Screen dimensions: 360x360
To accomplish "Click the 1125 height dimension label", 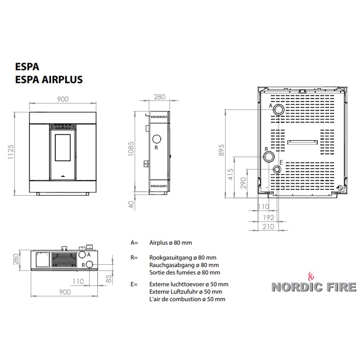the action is click(11, 152).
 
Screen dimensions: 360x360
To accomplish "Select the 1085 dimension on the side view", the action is click(131, 149).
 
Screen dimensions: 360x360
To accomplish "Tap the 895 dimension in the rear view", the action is click(221, 150).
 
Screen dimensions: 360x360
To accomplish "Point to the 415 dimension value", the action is click(230, 174).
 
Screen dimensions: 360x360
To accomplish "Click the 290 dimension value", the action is click(243, 183).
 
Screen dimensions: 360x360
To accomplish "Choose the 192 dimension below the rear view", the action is click(268, 217).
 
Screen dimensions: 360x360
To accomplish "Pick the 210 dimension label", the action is click(268, 227).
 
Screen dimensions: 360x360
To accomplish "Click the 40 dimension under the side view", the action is click(131, 204).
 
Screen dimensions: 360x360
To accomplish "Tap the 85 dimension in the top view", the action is click(109, 279).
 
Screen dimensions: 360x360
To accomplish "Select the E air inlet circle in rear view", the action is click(277, 170).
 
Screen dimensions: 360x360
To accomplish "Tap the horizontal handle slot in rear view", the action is click(302, 142).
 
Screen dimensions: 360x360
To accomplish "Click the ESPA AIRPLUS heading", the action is click(49, 80).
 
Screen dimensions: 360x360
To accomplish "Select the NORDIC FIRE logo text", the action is click(314, 287).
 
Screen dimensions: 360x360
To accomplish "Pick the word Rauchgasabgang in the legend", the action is click(172, 265).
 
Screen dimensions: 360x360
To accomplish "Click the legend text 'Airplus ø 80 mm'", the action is click(171, 243).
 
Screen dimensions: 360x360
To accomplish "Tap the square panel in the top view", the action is click(42, 260).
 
